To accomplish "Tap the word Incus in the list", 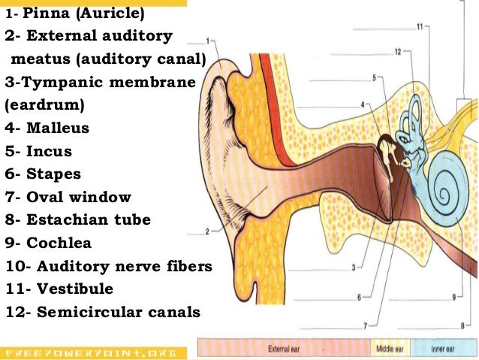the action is [50, 151].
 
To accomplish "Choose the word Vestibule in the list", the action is [75, 289].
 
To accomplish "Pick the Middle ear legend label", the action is [390, 349].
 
